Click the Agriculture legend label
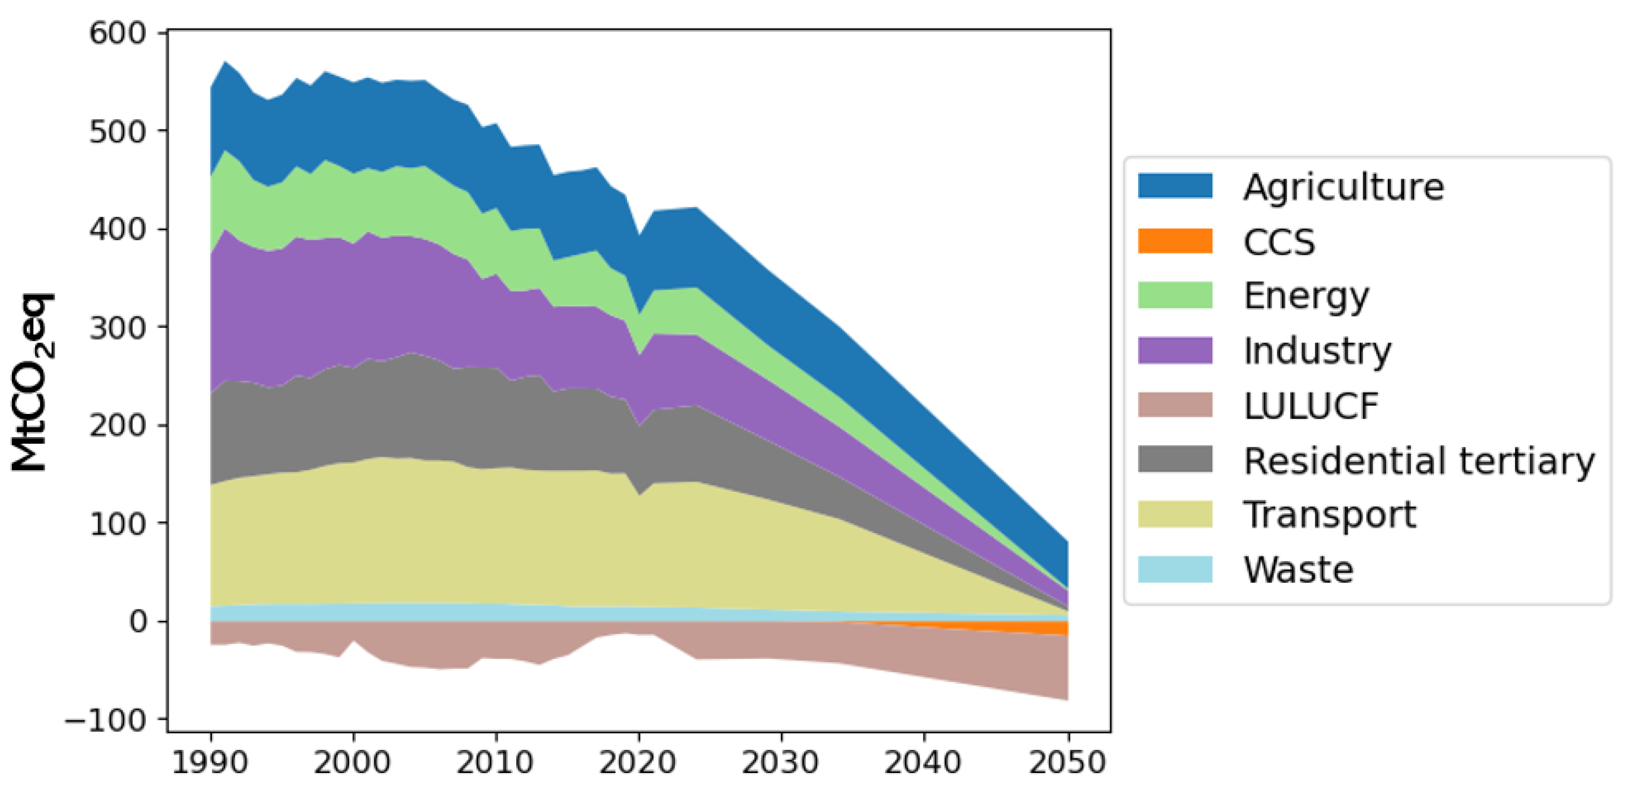click(x=1343, y=187)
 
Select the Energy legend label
click(x=1306, y=296)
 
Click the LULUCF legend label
click(x=1310, y=406)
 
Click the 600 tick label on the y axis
click(x=118, y=33)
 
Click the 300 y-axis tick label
click(x=118, y=328)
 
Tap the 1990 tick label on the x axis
click(x=210, y=762)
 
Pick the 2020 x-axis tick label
click(x=637, y=762)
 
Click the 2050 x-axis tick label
click(x=1067, y=762)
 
